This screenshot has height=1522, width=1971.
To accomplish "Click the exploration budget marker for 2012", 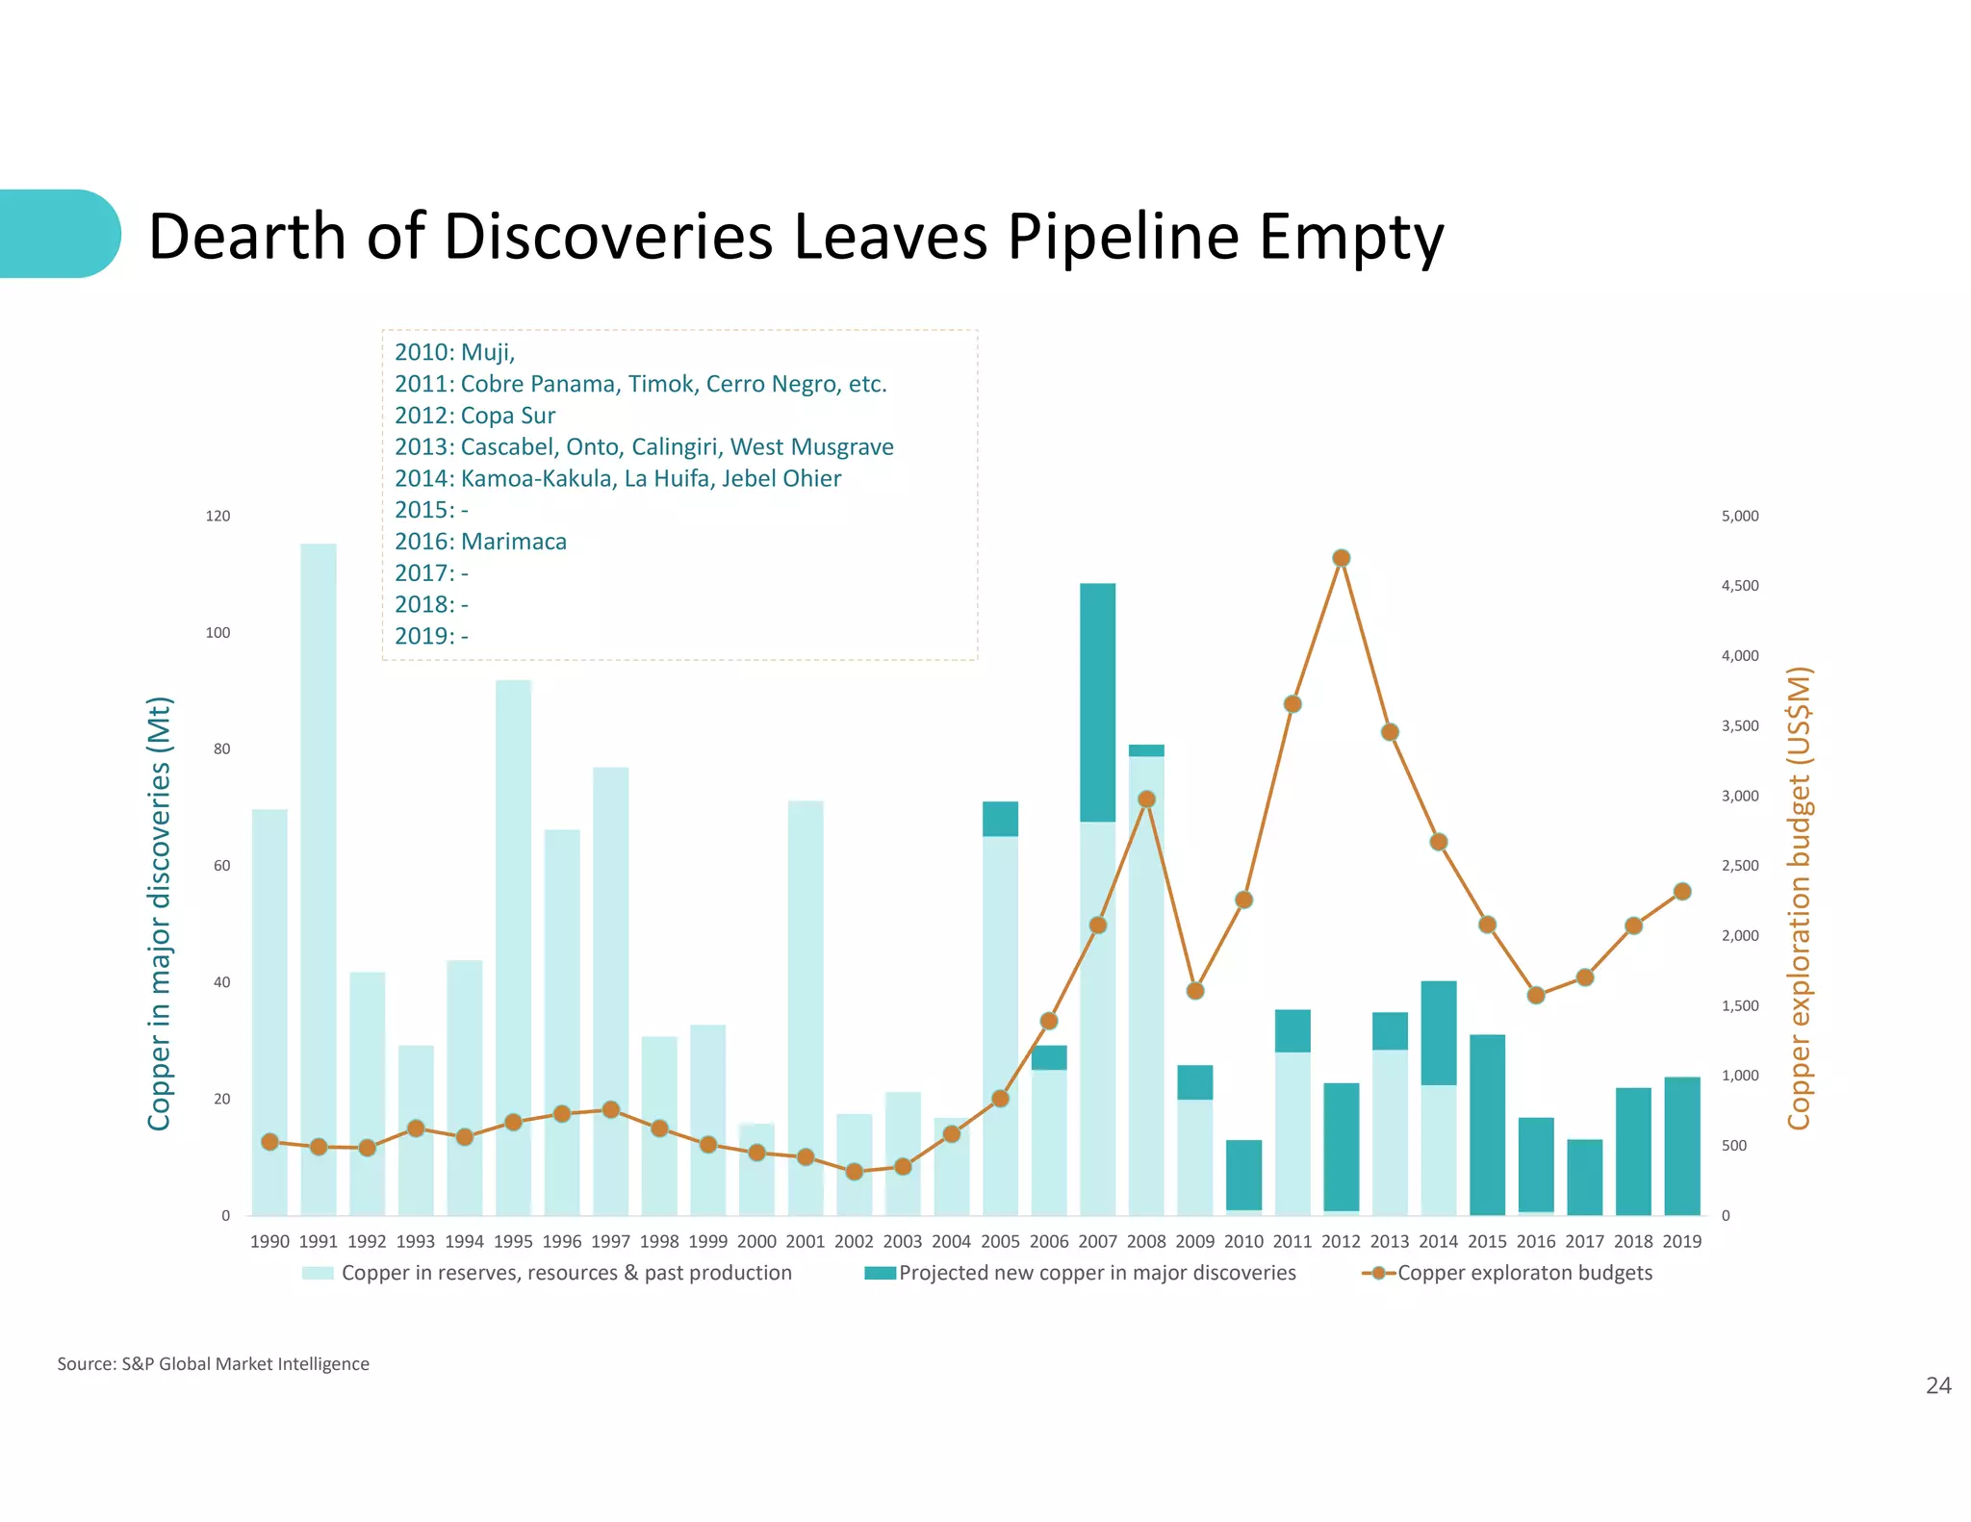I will point(1342,558).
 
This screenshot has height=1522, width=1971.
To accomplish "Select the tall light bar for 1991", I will point(319,866).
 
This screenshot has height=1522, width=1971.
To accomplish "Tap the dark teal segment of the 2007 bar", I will point(1098,702).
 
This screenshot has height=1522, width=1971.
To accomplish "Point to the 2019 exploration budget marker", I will point(1682,892).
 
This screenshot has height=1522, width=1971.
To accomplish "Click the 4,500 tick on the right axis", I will point(1739,586).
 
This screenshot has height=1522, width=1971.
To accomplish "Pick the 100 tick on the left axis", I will point(218,633).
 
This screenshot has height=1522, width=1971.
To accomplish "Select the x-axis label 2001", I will point(806,1242).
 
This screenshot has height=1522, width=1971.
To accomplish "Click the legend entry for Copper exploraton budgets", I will point(1524,1273).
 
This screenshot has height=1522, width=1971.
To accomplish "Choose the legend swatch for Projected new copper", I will point(880,1274).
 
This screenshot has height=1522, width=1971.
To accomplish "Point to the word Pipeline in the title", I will point(1123,237).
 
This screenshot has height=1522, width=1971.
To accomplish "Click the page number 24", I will point(1938,1385).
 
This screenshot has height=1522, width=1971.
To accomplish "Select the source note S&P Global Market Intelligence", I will point(244,1364).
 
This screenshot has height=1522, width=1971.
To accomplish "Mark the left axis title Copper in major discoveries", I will point(159,914).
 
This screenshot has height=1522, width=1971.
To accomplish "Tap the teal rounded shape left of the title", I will point(58,234).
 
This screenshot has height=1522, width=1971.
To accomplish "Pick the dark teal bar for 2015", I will point(1487,1126).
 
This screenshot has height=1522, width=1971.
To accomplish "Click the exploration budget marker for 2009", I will point(1195,991).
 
